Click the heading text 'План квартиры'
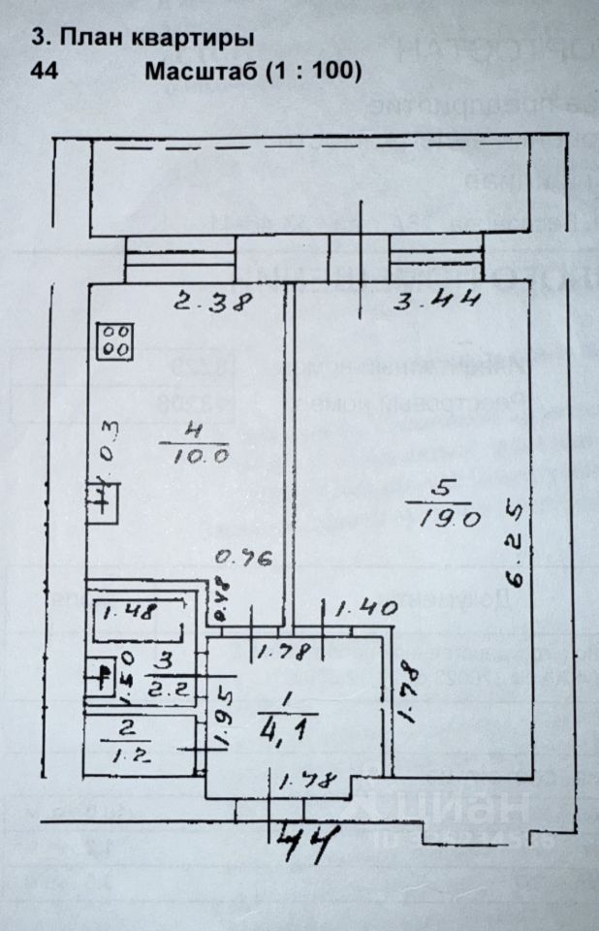(156, 38)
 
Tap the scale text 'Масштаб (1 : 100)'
(253, 71)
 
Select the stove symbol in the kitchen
(116, 340)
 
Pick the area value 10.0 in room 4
(201, 455)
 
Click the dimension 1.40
(366, 609)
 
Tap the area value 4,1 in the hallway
(283, 725)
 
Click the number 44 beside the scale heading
(45, 71)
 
